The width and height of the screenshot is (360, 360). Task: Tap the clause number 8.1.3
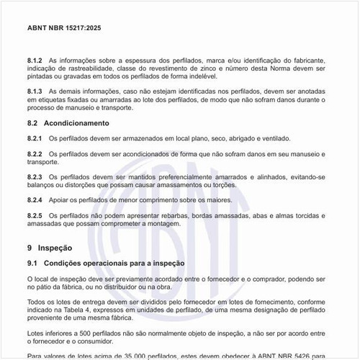(35, 92)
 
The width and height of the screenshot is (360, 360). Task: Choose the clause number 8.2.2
(35, 155)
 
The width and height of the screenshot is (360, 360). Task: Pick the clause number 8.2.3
(35, 177)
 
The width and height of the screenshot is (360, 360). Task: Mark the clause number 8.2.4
(35, 199)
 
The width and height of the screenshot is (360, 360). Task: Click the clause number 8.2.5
(35, 215)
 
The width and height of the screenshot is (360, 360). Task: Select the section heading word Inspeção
(55, 247)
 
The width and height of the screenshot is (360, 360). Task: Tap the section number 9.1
(32, 264)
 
